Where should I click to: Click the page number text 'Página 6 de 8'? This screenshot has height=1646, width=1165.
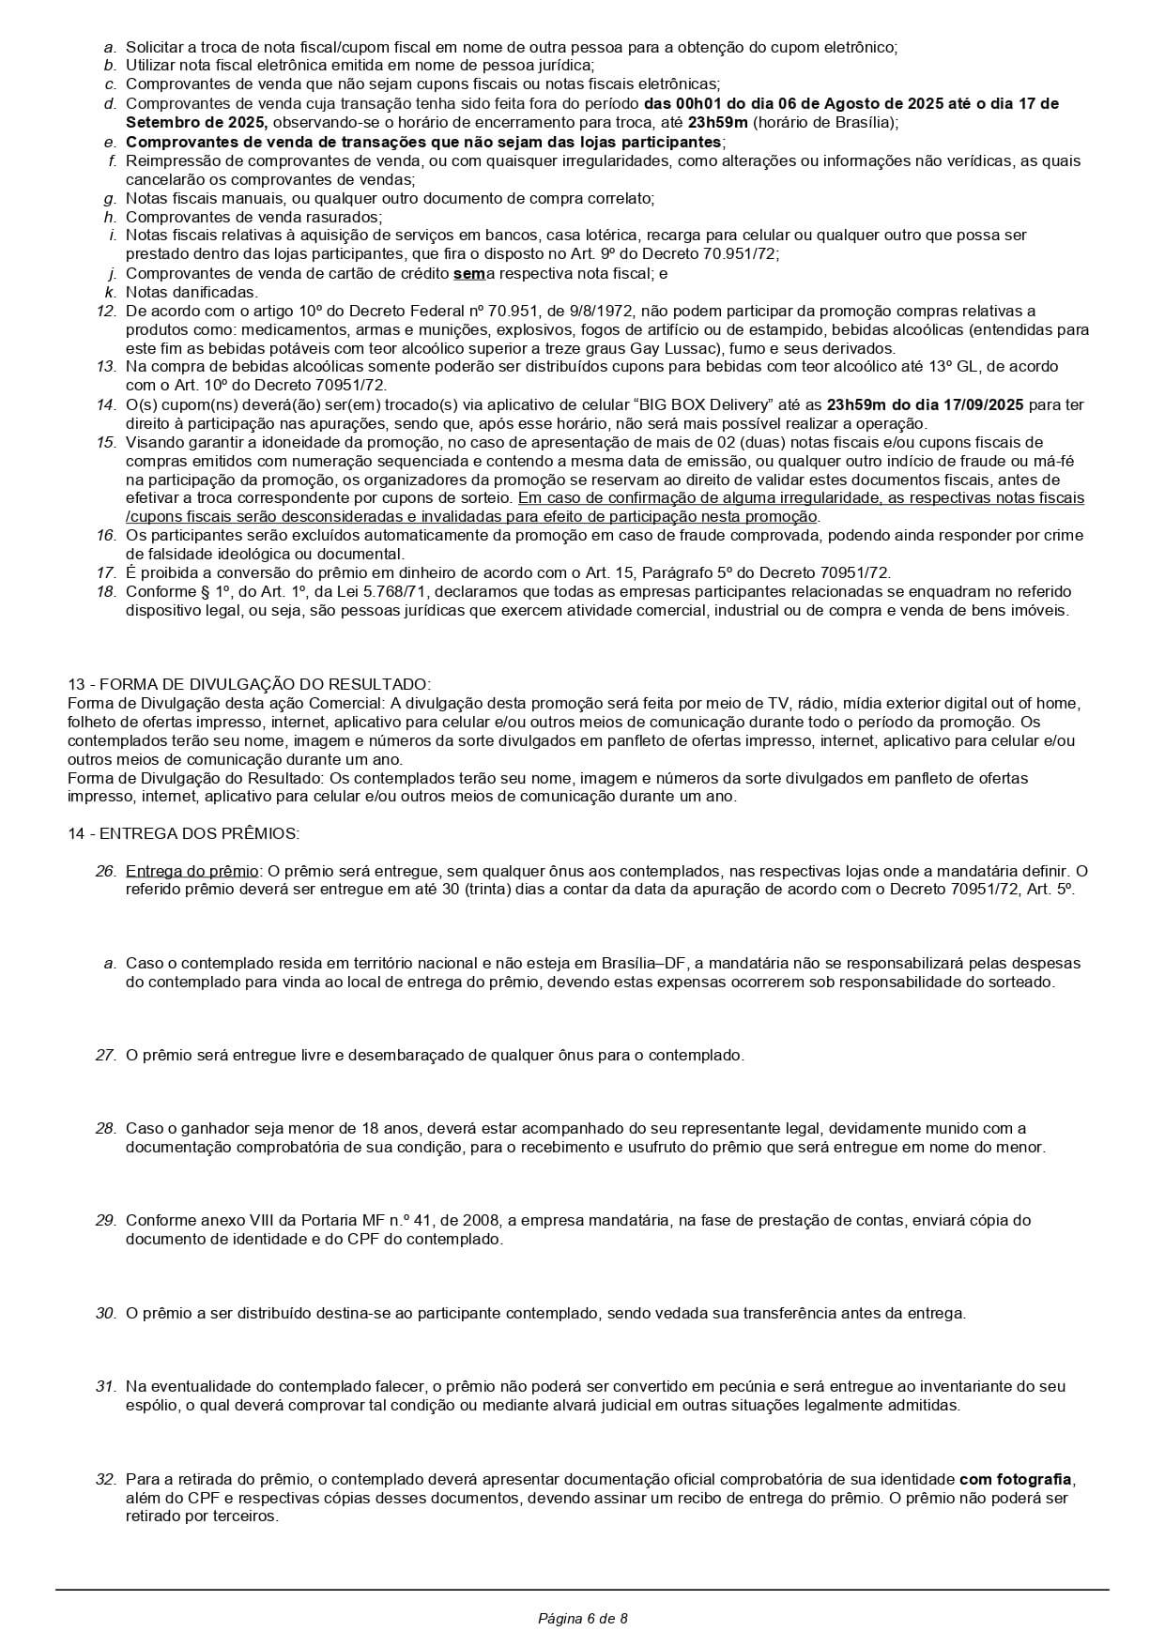pyautogui.click(x=582, y=1618)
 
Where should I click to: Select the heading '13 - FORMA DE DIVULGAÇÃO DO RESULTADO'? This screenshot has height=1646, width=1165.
pyautogui.click(x=249, y=684)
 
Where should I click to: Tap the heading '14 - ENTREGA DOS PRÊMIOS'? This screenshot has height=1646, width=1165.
pyautogui.click(x=183, y=833)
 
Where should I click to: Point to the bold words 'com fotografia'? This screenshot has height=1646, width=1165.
pyautogui.click(x=1015, y=1479)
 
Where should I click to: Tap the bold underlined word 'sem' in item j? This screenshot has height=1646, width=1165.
pyautogui.click(x=468, y=273)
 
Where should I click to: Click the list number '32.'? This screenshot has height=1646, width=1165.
pyautogui.click(x=105, y=1479)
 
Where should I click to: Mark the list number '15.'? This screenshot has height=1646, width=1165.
pyautogui.click(x=105, y=442)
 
